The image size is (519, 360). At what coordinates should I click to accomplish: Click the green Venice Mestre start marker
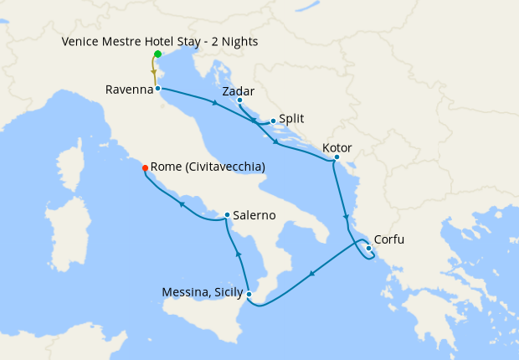157,54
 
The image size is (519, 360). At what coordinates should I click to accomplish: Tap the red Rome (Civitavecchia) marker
146,167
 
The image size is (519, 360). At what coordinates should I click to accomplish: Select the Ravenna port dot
157,87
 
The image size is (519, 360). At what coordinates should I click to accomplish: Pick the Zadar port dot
239,100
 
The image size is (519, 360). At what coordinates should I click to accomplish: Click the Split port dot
273,121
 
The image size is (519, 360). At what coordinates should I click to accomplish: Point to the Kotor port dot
337,157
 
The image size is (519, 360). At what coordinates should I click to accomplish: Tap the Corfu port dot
368,247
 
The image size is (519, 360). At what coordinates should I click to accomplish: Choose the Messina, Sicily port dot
249,293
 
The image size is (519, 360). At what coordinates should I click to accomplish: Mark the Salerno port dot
227,215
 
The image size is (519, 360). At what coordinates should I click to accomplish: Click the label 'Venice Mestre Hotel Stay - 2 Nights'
159,42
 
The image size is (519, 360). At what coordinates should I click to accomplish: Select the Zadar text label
239,90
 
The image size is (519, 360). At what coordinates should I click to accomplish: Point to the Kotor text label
337,147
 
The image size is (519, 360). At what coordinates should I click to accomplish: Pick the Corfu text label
388,239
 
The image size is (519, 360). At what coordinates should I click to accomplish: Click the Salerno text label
254,215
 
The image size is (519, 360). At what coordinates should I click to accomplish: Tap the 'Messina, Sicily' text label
202,293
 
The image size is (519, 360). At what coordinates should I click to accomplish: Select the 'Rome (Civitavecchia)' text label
209,167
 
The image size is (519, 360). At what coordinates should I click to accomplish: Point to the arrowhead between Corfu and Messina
311,273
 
